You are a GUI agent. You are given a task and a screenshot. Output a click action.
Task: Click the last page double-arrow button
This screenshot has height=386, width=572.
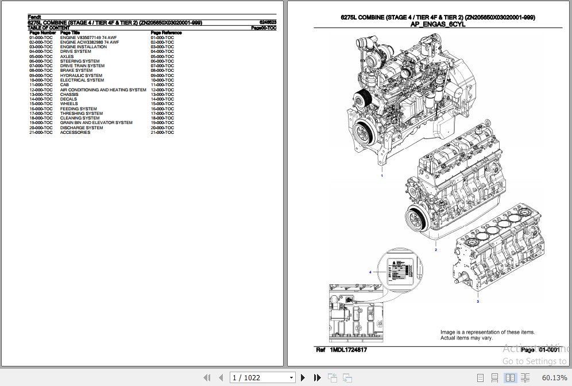317,377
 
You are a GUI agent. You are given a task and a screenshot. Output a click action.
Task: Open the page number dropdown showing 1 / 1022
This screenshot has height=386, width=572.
292,377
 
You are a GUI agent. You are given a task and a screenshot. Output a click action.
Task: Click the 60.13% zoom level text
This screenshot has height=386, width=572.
554,377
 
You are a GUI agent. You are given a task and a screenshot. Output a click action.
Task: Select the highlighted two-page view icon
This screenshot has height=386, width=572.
510,377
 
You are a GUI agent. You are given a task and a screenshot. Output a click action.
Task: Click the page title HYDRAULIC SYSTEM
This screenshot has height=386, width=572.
81,75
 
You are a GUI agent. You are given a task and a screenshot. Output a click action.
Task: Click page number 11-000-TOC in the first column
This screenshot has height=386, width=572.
41,85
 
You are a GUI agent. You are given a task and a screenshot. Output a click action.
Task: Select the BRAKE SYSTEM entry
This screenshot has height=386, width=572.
76,71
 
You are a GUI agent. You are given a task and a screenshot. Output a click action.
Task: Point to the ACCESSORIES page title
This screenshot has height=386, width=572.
75,132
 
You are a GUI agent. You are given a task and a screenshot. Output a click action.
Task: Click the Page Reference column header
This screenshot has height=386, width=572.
166,33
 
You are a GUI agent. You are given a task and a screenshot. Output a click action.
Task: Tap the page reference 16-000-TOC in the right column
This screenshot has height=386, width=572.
162,109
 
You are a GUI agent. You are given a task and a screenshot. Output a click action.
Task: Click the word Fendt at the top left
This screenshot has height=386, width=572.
34,17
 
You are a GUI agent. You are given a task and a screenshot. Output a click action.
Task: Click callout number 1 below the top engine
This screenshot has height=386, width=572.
382,176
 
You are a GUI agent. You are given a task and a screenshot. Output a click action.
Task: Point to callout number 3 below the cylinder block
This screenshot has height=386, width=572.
477,301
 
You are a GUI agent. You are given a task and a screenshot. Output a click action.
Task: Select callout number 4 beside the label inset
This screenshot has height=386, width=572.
370,272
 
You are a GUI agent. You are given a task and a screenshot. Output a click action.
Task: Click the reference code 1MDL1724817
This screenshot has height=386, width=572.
348,350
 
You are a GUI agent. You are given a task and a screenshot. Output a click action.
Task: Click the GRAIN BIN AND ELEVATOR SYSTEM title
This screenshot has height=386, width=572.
96,123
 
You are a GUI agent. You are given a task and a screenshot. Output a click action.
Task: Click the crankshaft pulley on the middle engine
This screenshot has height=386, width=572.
414,221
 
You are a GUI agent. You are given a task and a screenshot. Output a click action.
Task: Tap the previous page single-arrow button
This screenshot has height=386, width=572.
221,377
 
